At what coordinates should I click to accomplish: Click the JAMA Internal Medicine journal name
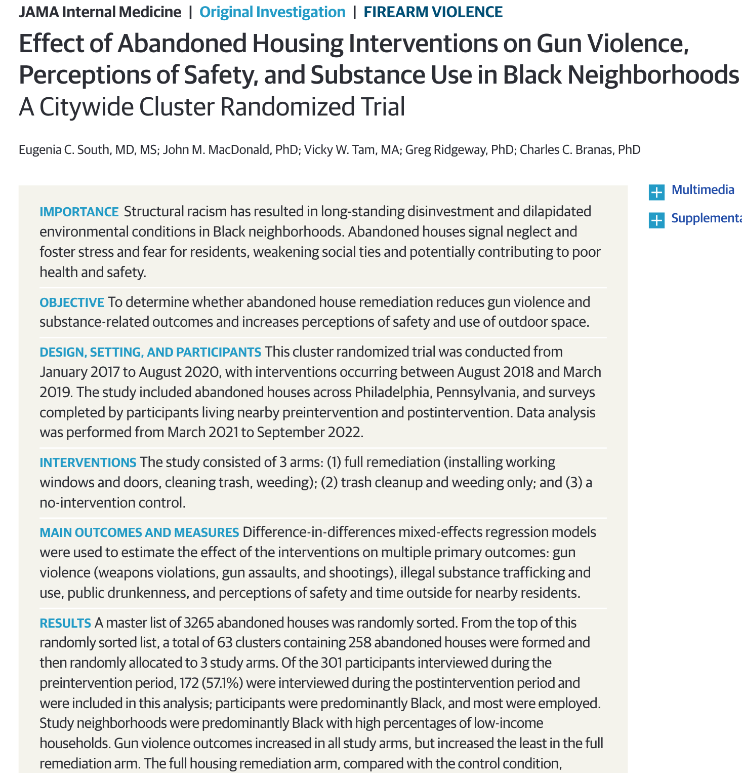tap(100, 12)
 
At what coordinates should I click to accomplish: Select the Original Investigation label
tap(272, 12)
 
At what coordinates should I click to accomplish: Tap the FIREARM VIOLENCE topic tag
tap(433, 12)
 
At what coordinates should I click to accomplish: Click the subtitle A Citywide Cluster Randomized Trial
tap(212, 107)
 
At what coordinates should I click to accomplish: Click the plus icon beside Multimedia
tap(656, 192)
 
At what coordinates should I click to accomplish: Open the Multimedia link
tap(703, 190)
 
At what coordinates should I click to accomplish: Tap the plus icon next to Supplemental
tap(656, 220)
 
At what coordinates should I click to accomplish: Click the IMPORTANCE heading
tap(79, 212)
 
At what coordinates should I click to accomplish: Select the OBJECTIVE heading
tap(72, 302)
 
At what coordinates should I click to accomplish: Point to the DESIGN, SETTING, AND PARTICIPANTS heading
tap(150, 352)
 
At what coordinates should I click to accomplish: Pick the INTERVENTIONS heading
tap(88, 462)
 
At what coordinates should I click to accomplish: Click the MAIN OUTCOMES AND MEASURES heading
tap(139, 533)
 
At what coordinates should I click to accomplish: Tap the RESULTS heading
tap(65, 623)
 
